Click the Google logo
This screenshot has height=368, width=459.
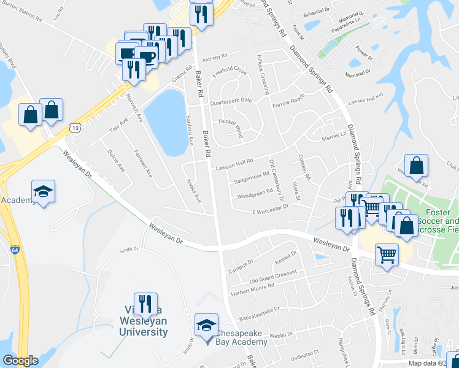(x=20, y=361)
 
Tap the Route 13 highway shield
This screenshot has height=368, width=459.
(x=75, y=127)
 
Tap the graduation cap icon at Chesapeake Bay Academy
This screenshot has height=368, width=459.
(x=207, y=324)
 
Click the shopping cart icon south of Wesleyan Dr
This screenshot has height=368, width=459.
(x=386, y=253)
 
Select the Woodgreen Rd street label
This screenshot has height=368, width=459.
(x=255, y=196)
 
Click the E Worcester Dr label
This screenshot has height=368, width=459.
(x=270, y=210)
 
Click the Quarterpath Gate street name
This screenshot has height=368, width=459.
(x=231, y=101)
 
